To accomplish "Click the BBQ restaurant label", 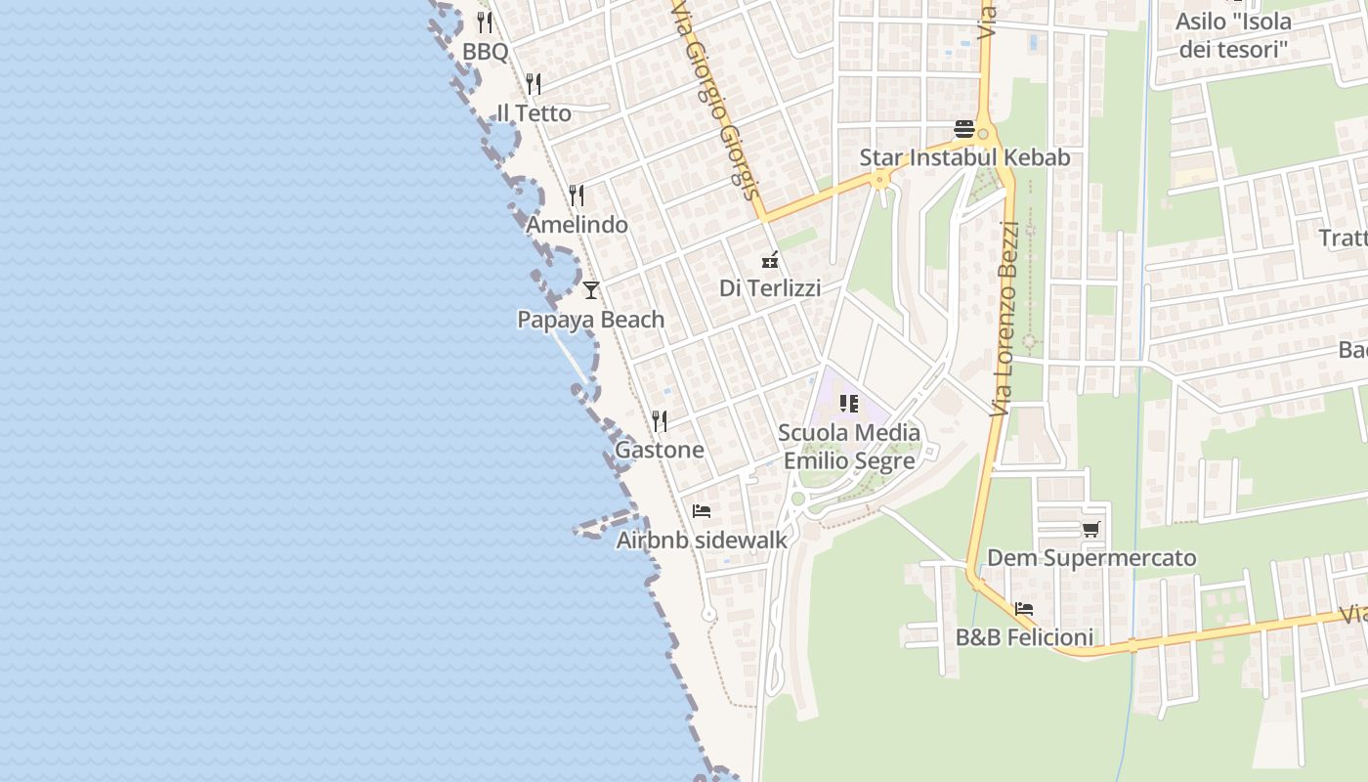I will tap(486, 51).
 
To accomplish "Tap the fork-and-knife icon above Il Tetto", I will tap(534, 84).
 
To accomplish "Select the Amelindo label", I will tap(577, 225).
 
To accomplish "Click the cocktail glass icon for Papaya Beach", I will tap(590, 290).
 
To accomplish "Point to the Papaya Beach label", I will tap(590, 320).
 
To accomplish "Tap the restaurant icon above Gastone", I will tap(661, 421).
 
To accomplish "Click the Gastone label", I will tap(660, 450).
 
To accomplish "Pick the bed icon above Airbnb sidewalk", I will tap(701, 510).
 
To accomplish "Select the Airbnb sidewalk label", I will tap(702, 540).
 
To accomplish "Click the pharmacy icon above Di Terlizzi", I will tap(770, 260).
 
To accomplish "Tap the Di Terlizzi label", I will tap(770, 288).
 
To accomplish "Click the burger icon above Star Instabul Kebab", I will tap(964, 129).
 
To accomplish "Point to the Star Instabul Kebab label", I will tap(964, 157).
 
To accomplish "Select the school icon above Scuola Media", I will tap(848, 403).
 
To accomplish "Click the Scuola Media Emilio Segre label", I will tap(849, 446).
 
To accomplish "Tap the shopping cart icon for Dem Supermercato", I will tap(1091, 530).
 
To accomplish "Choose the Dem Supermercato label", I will tap(1091, 558).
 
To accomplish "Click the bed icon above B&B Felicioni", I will tap(1024, 608).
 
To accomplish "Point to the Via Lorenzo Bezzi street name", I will tap(1005, 319).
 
